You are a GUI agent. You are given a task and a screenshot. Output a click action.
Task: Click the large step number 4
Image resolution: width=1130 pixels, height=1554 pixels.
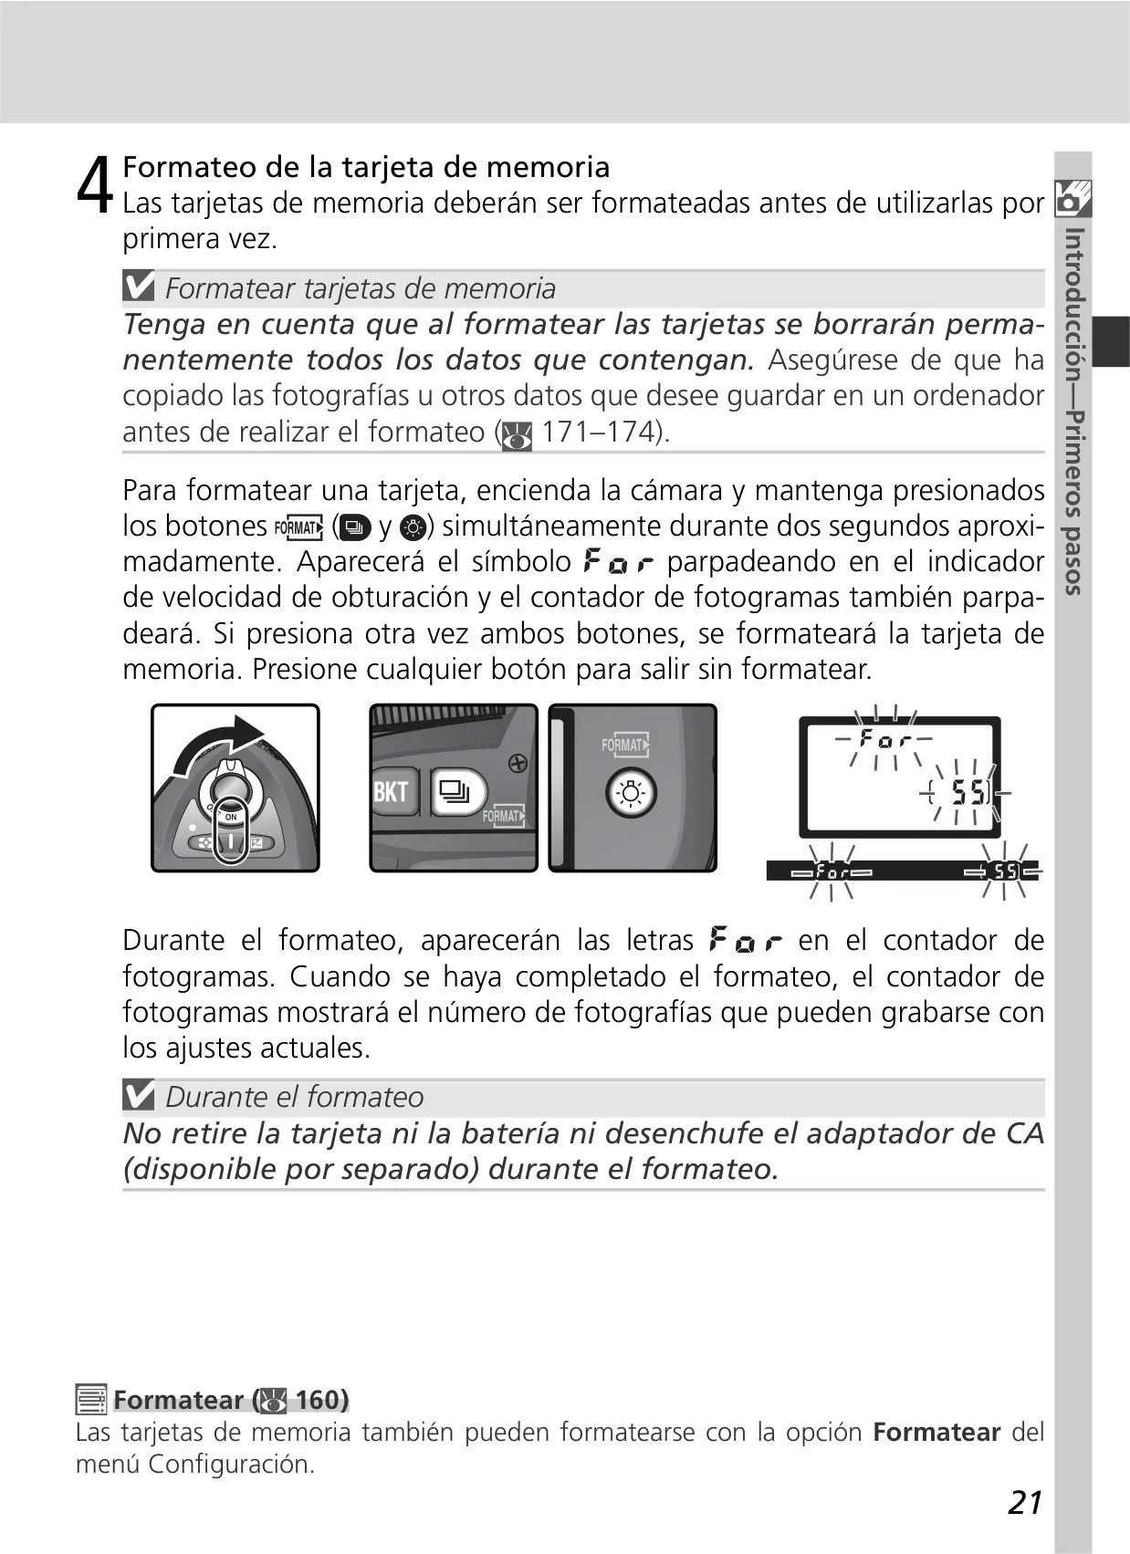(94, 183)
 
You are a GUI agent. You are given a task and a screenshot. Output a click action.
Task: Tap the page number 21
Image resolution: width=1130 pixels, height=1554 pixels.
(1025, 1502)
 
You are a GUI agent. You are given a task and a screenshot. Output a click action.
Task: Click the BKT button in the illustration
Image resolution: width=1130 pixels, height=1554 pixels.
(391, 791)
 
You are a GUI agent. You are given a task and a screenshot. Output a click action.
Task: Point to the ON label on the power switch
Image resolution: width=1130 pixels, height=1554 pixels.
(231, 817)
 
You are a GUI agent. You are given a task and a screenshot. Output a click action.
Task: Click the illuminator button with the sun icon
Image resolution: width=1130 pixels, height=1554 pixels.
(631, 794)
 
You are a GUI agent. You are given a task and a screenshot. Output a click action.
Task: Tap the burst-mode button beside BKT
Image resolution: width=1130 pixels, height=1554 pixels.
(457, 791)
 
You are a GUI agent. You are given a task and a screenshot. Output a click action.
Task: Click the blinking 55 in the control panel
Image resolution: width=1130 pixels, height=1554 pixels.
(968, 792)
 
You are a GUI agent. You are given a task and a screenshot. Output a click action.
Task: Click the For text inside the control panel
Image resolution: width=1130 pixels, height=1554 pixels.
(884, 739)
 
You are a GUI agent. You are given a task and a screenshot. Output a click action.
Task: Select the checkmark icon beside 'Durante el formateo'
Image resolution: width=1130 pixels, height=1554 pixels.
(139, 1096)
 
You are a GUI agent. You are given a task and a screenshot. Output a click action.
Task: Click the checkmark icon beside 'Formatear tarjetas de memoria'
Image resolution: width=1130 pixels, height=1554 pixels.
(139, 286)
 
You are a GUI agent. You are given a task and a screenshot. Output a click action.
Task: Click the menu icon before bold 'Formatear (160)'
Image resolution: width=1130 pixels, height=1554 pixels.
(91, 1399)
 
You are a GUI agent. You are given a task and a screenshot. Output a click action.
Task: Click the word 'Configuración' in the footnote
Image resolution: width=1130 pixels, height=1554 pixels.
(230, 1464)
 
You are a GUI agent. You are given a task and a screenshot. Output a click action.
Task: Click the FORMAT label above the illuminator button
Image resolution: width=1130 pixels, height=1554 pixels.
(624, 746)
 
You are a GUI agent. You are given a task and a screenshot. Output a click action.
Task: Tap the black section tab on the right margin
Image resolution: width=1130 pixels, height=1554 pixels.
(1111, 341)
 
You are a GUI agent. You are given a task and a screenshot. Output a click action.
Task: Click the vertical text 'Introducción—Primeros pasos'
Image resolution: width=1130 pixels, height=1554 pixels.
(1073, 411)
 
